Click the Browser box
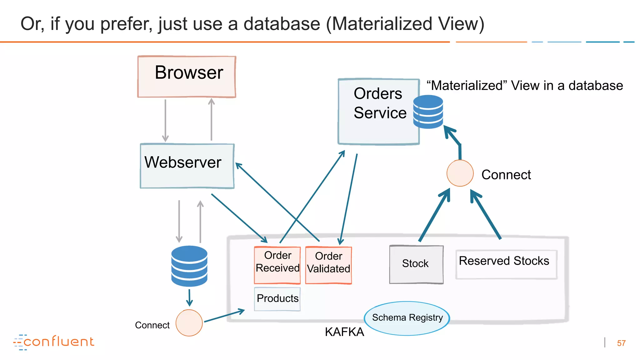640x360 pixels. click(x=187, y=77)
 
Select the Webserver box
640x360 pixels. click(x=187, y=166)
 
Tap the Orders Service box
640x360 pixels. click(x=378, y=112)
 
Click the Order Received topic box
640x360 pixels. click(x=277, y=265)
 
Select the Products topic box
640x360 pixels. click(x=277, y=299)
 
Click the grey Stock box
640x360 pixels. click(x=416, y=264)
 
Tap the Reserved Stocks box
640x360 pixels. click(x=506, y=264)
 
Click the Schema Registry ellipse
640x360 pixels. click(x=407, y=318)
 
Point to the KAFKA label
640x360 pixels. click(x=344, y=332)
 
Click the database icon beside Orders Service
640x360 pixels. click(x=428, y=112)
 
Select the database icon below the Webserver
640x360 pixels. click(x=189, y=266)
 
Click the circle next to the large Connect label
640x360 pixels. click(x=460, y=173)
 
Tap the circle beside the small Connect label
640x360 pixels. click(x=189, y=323)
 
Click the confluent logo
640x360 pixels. click(x=54, y=342)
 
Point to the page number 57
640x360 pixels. click(x=621, y=343)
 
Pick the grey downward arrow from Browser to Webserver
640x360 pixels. click(x=165, y=120)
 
